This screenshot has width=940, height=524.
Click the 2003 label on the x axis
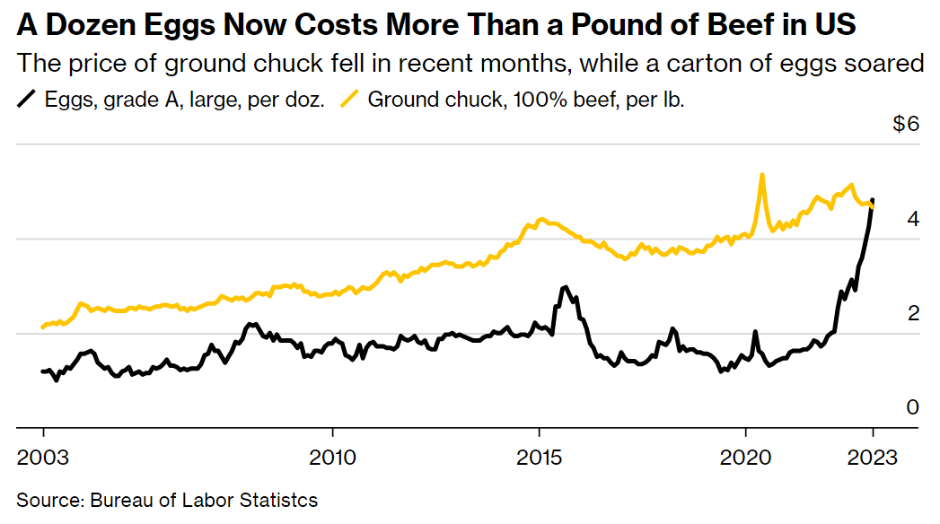43,457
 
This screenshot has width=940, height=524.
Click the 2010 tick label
332,457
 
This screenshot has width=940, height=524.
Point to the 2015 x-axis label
540,457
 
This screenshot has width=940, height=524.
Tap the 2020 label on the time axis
747,457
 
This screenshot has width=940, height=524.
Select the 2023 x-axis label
873,457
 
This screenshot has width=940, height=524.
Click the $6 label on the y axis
906,125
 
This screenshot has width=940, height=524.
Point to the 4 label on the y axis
913,219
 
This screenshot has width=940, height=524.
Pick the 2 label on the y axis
913,313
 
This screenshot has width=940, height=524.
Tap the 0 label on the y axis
913,407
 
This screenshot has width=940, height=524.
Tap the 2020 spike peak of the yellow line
762,174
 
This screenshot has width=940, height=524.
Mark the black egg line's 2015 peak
565,287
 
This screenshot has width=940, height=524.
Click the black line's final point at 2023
874,200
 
